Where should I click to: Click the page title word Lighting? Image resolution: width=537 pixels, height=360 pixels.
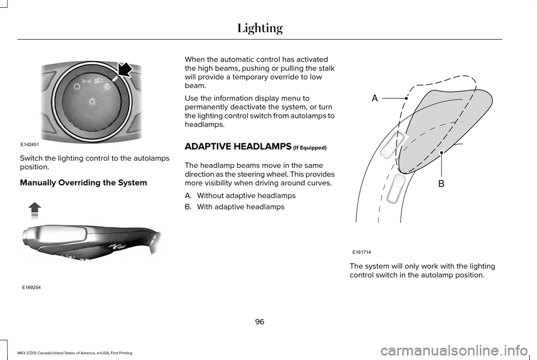click(x=260, y=27)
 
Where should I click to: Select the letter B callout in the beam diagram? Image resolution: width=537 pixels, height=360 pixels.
click(x=441, y=183)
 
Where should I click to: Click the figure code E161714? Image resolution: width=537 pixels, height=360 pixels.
click(x=362, y=253)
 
